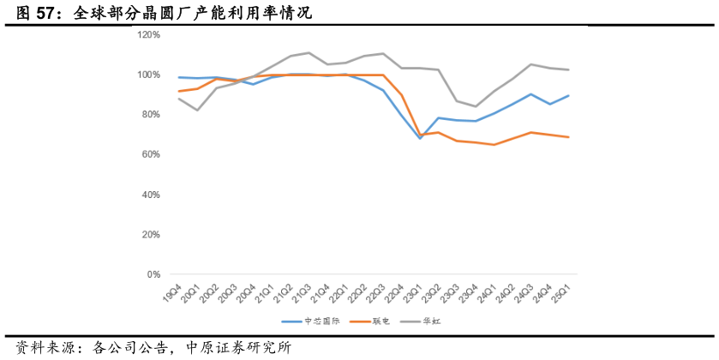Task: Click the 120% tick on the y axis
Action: tap(149, 35)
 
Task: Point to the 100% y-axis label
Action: tap(149, 75)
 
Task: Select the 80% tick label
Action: tap(151, 115)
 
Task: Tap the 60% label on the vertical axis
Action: tap(151, 154)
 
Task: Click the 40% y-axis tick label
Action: tap(151, 195)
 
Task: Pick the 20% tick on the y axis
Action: tap(151, 235)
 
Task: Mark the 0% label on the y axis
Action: tap(153, 274)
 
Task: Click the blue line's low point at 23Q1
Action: tap(420, 138)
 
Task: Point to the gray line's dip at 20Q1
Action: tap(197, 110)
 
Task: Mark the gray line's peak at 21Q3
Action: tap(309, 53)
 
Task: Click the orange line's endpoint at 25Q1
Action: tap(568, 137)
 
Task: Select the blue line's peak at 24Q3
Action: tap(531, 94)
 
